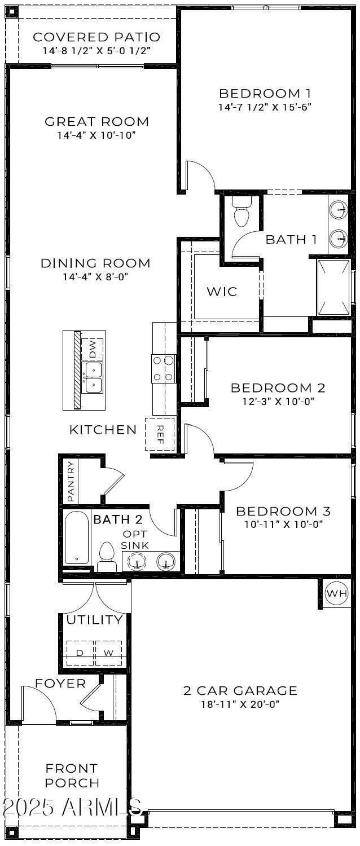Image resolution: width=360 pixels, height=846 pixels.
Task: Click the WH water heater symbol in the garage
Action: pyautogui.click(x=337, y=593)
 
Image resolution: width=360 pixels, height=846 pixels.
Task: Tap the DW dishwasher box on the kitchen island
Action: pyautogui.click(x=93, y=350)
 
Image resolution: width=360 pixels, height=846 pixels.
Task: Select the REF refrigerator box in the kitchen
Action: pyautogui.click(x=159, y=434)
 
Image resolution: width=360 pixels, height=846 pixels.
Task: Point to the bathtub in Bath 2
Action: pyautogui.click(x=76, y=537)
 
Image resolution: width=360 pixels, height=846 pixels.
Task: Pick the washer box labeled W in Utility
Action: pyautogui.click(x=108, y=653)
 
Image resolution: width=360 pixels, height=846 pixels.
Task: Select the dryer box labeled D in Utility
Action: pyautogui.click(x=80, y=653)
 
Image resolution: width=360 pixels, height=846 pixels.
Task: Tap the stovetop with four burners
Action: pyautogui.click(x=163, y=369)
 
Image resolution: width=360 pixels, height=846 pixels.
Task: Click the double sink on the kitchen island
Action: pyautogui.click(x=93, y=377)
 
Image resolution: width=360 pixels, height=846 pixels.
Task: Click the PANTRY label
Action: pyautogui.click(x=71, y=481)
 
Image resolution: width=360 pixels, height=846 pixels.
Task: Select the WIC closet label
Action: pyautogui.click(x=221, y=292)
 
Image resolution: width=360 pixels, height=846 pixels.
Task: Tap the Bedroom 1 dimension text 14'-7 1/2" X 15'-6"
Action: pyautogui.click(x=265, y=107)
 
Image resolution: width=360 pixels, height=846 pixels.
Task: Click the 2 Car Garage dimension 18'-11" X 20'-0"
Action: pyautogui.click(x=240, y=704)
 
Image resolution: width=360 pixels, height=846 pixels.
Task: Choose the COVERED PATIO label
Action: pyautogui.click(x=96, y=37)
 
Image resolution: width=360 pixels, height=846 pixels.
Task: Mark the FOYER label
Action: pyautogui.click(x=60, y=684)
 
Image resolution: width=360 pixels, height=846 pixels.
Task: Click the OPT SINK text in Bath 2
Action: pyautogui.click(x=135, y=540)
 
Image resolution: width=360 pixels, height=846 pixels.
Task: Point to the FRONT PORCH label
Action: pyautogui.click(x=72, y=775)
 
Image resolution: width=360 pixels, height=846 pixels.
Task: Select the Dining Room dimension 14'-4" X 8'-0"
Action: pyautogui.click(x=96, y=277)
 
